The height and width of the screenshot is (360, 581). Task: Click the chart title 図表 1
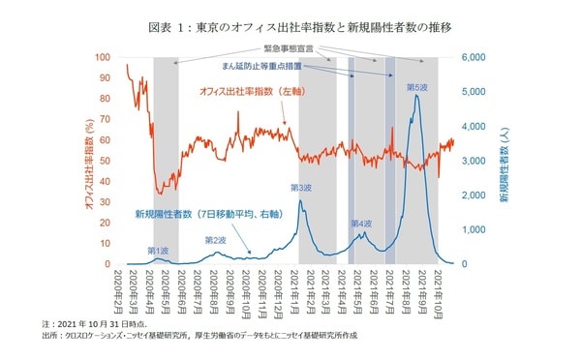pyautogui.click(x=290, y=27)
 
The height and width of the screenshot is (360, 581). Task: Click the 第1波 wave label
pyautogui.click(x=161, y=251)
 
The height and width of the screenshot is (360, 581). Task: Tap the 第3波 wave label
pyautogui.click(x=301, y=189)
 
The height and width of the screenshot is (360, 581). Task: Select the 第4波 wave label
pyautogui.click(x=360, y=223)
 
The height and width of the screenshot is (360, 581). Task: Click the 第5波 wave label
pyautogui.click(x=417, y=87)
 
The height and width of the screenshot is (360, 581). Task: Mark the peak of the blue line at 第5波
pyautogui.click(x=416, y=95)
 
